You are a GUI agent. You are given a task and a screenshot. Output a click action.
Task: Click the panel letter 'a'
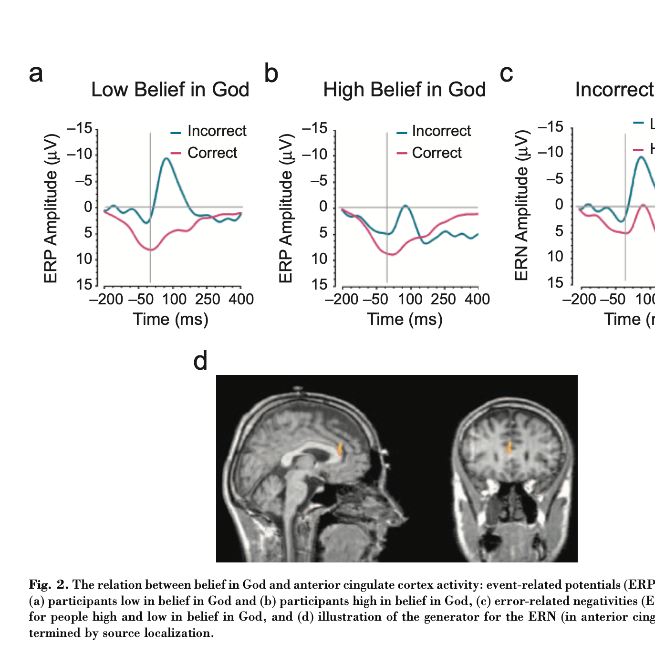[36, 74]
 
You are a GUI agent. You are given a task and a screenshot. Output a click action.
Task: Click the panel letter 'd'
[200, 361]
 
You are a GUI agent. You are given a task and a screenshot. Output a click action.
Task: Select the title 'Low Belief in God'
[170, 90]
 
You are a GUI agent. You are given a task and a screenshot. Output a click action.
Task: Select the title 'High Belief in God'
[404, 90]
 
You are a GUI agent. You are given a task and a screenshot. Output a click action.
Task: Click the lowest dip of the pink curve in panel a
[151, 250]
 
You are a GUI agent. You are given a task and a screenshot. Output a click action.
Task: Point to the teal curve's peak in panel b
[405, 206]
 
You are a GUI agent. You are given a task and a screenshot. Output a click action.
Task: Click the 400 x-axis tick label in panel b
[478, 300]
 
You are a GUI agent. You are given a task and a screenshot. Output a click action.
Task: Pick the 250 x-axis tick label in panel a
[208, 300]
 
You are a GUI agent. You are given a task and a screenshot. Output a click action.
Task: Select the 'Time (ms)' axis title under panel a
[171, 319]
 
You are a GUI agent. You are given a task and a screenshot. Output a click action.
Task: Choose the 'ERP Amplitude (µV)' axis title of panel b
[285, 208]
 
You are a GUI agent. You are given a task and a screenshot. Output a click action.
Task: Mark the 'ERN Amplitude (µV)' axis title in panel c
[521, 205]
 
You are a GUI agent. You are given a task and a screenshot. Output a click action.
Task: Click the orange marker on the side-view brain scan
[340, 448]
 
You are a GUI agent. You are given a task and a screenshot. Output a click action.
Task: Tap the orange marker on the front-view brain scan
[509, 447]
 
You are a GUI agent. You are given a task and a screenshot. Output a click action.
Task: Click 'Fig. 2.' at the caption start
[49, 585]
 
